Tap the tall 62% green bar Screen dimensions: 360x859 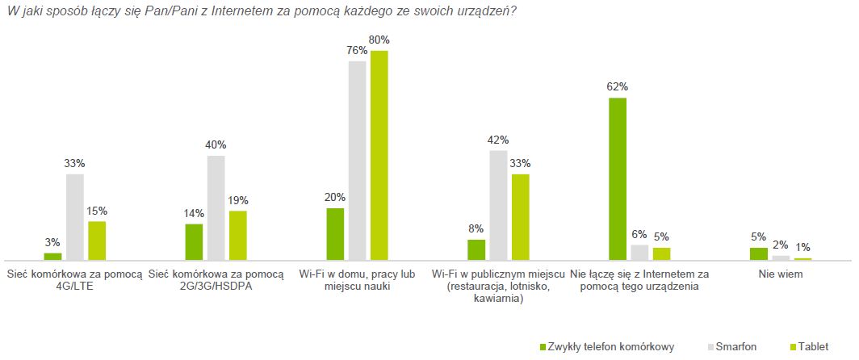pos(618,178)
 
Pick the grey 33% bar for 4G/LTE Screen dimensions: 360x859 pos(75,216)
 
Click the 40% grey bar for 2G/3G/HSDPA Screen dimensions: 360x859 pos(216,207)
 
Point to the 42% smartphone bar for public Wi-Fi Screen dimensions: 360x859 pos(498,205)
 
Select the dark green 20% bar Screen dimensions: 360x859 pos(335,233)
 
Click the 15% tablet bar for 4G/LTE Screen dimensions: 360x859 pos(97,240)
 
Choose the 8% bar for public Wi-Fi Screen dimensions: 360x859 pos(476,249)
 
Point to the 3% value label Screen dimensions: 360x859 pos(52,243)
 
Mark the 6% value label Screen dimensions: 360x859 pos(639,234)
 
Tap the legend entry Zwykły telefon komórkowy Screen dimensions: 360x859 pos(611,346)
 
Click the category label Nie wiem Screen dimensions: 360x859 pos(781,274)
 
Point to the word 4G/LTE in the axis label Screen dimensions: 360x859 pos(75,287)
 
